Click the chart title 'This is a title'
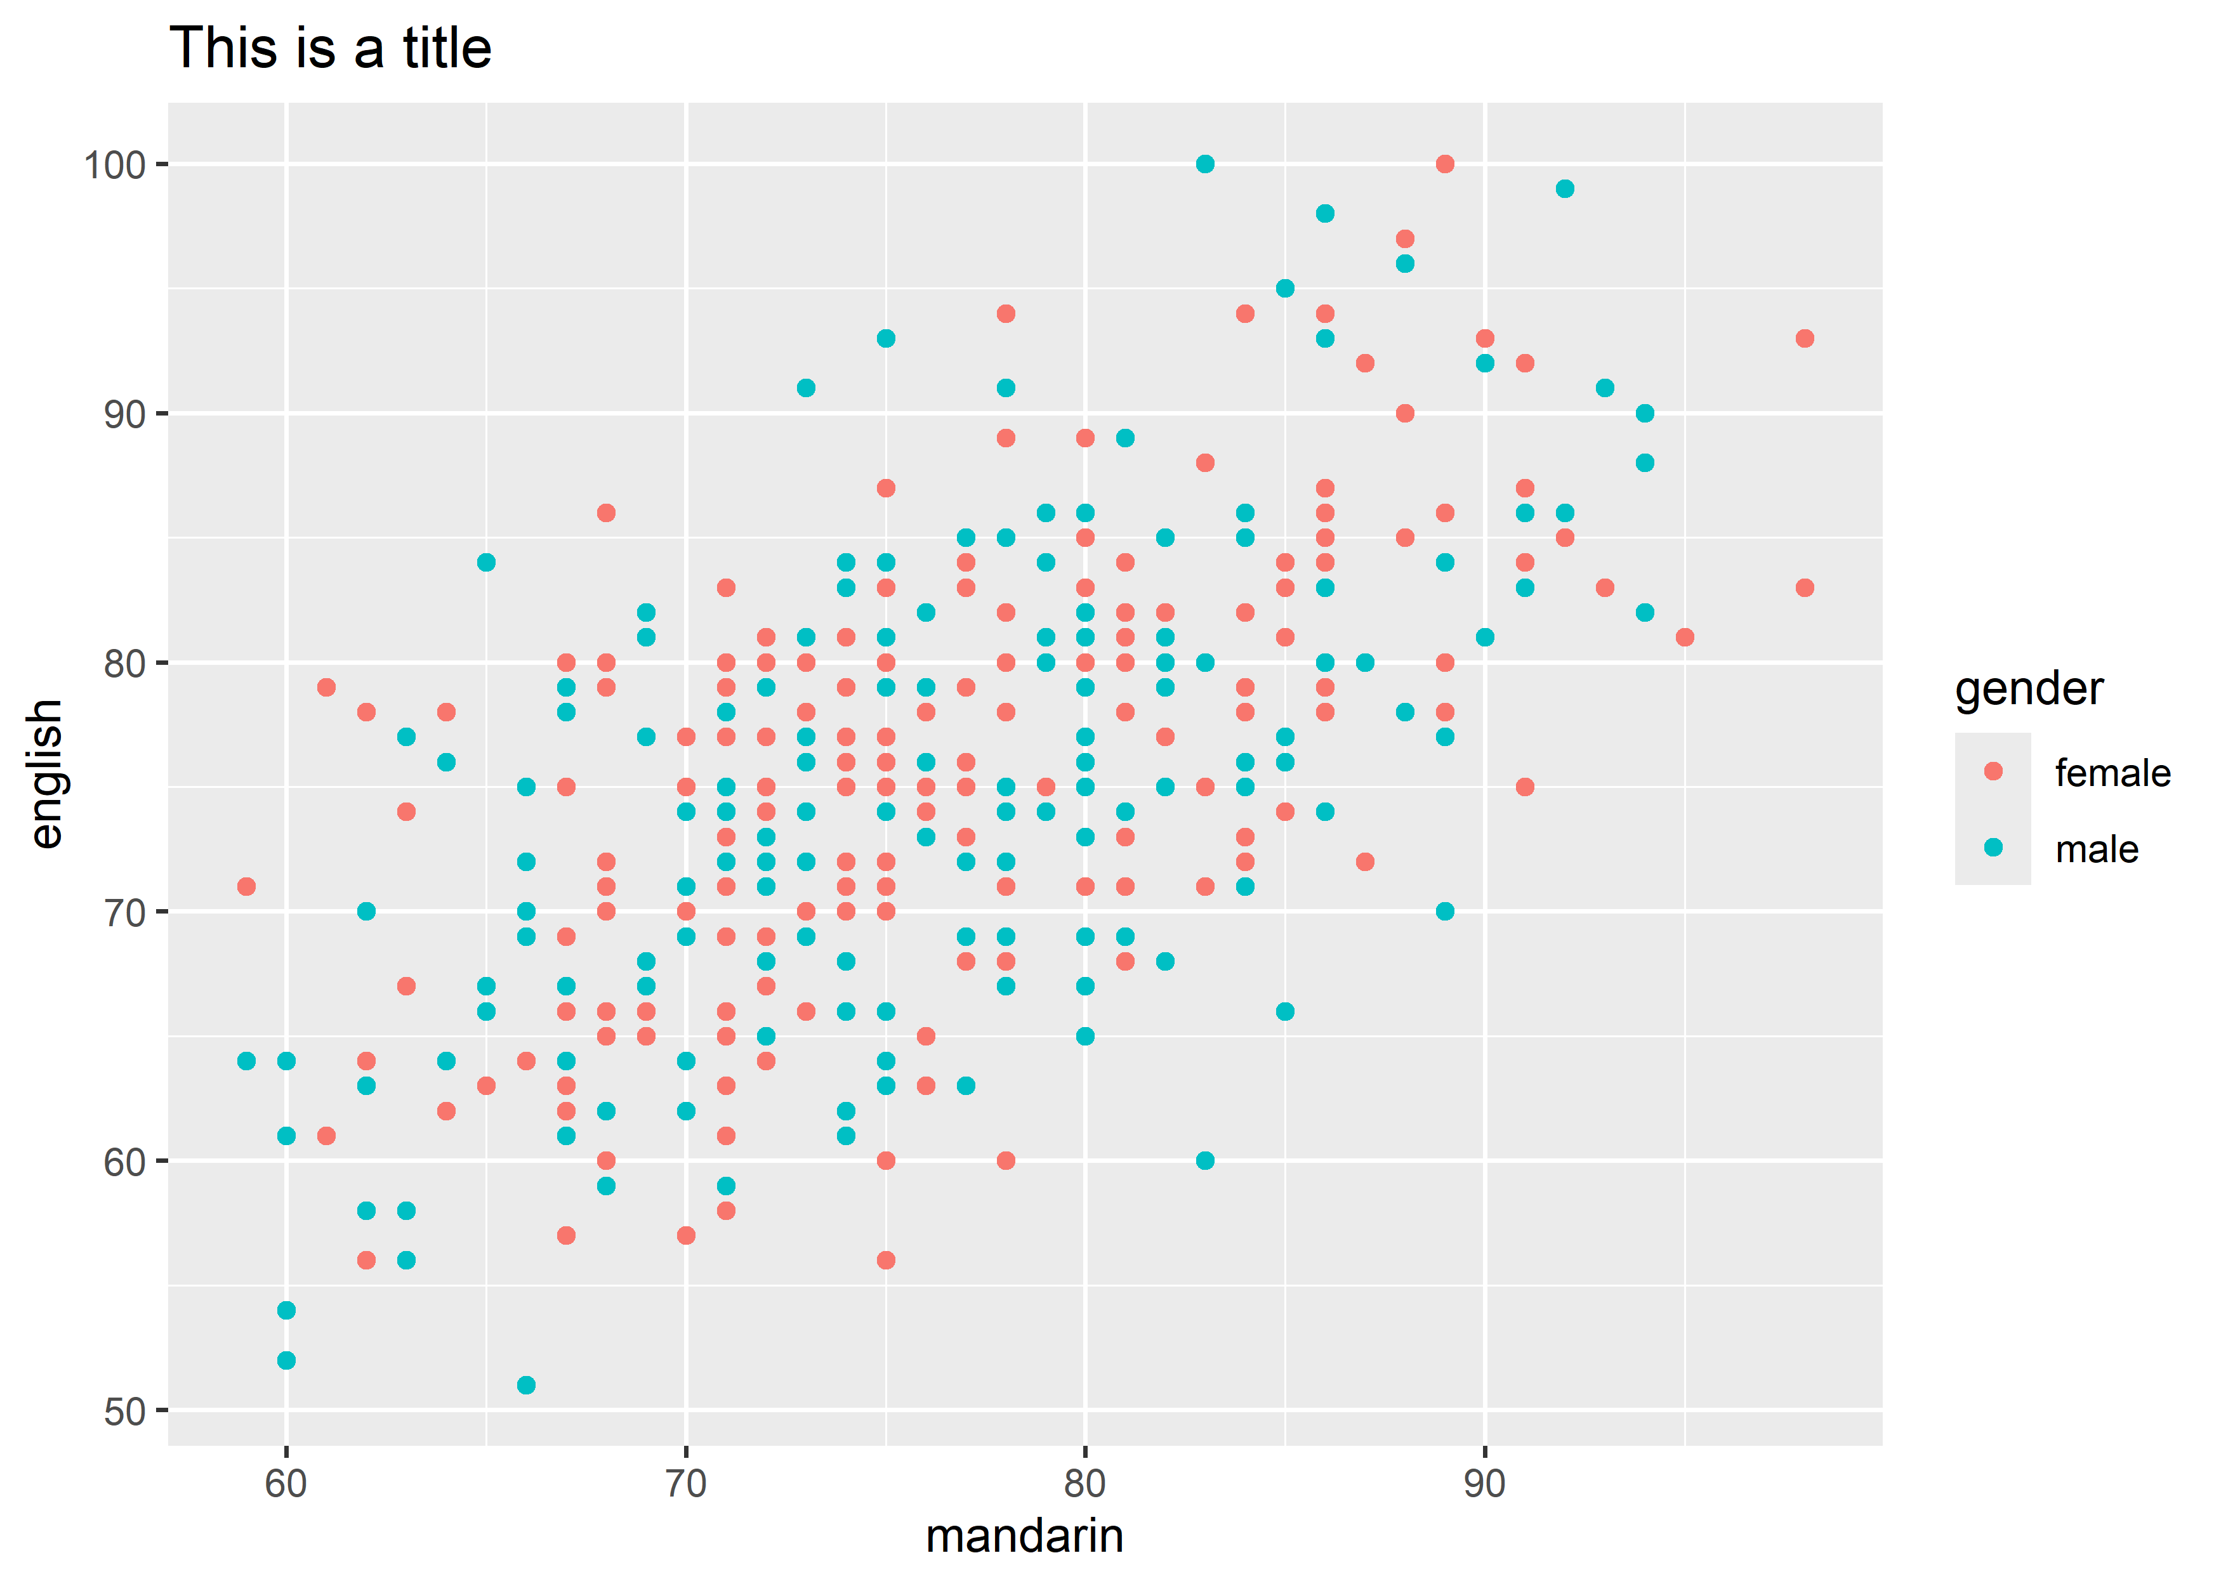point(330,49)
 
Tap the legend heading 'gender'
point(2029,690)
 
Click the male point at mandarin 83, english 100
point(1205,164)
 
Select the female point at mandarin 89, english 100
point(1444,164)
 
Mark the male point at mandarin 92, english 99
point(1565,188)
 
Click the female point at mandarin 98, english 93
point(1804,339)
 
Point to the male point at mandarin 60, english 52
point(286,1360)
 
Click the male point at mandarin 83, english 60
point(1205,1160)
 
